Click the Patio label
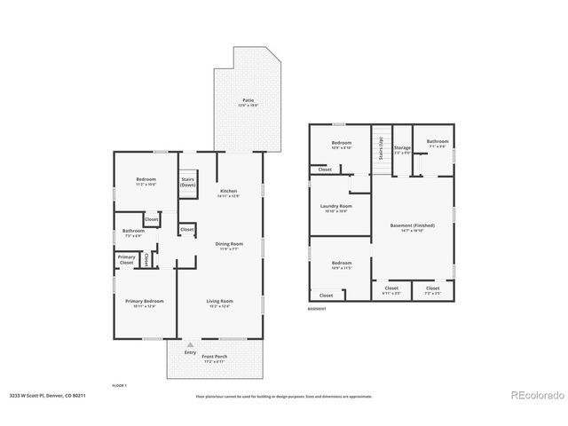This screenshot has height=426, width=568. tap(248, 101)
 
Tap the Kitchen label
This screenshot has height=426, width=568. tap(229, 192)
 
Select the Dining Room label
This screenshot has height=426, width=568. tap(229, 244)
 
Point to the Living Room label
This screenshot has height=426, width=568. tap(220, 303)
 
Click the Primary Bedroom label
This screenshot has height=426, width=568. tap(145, 303)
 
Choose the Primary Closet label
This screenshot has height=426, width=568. tap(126, 260)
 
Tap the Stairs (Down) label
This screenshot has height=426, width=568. tap(187, 183)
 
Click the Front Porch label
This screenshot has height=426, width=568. tap(214, 358)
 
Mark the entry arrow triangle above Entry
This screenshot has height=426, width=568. tap(191, 343)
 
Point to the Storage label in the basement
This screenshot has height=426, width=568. tap(402, 149)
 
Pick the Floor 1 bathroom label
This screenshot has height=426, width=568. tap(133, 233)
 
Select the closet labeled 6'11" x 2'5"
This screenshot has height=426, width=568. tap(391, 289)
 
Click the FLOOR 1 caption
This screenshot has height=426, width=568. tap(120, 386)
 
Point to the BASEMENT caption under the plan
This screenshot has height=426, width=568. tap(317, 309)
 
